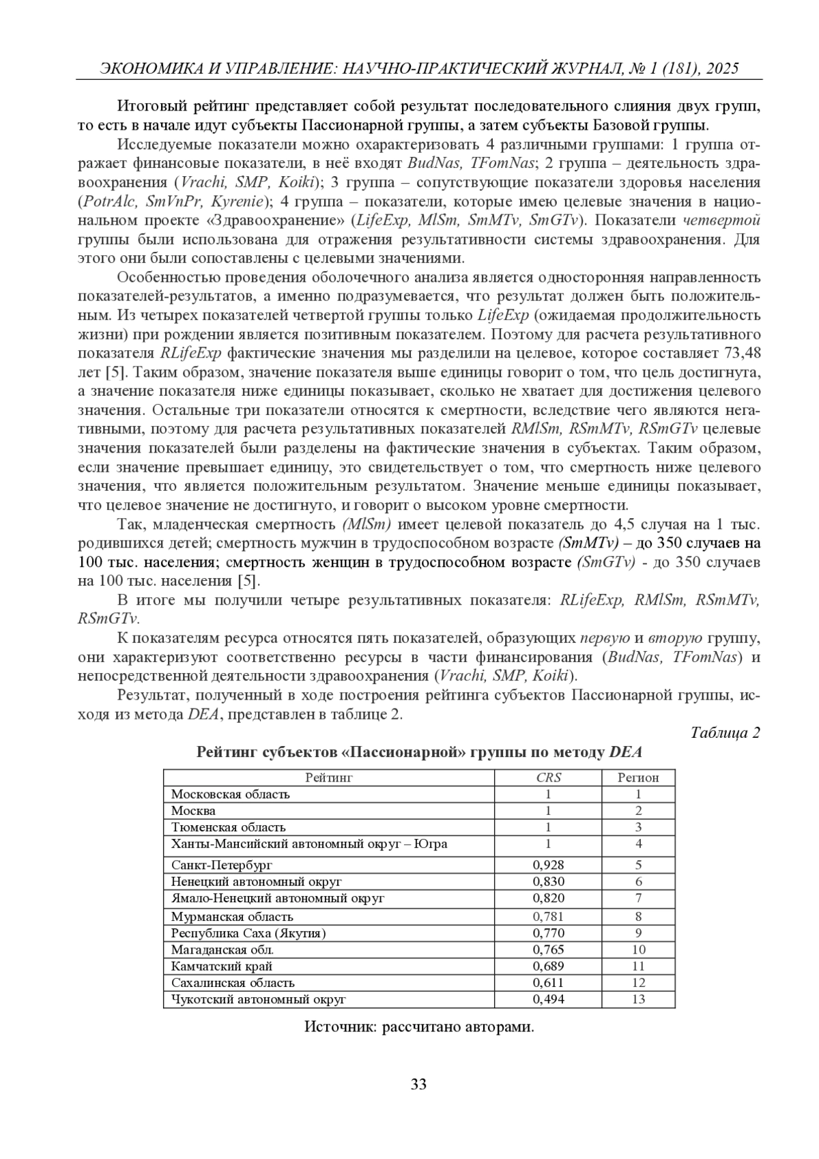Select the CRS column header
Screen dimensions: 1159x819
(548, 777)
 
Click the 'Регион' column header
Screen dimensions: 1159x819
(638, 777)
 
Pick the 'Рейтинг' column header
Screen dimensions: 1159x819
(329, 777)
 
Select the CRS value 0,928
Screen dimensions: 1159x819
(548, 865)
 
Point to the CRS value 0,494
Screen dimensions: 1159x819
(548, 999)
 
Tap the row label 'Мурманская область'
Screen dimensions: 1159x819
(232, 917)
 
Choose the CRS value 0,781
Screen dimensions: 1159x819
(548, 917)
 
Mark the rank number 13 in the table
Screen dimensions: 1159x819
(638, 999)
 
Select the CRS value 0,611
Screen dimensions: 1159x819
(548, 983)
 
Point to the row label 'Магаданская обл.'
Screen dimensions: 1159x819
(222, 949)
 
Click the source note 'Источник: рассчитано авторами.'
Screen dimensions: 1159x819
(419, 1027)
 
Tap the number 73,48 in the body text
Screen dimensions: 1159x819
(741, 353)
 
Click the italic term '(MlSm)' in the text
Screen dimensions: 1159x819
(365, 525)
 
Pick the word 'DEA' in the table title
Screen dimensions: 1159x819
(625, 752)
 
